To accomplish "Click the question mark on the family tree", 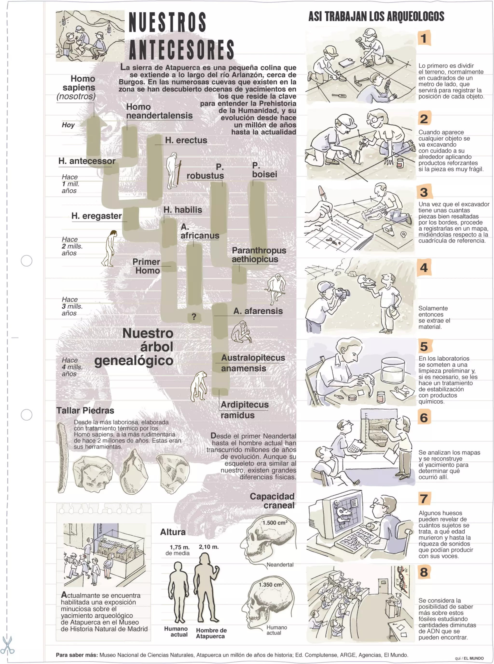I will pyautogui.click(x=194, y=317).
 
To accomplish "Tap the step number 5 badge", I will pyautogui.click(x=424, y=346).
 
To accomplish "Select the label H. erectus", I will pyautogui.click(x=186, y=140).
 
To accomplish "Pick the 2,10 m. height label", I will pyautogui.click(x=209, y=547).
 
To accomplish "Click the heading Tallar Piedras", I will pyautogui.click(x=85, y=410).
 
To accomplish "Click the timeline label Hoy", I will pyautogui.click(x=68, y=125).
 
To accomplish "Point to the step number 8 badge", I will pyautogui.click(x=424, y=572).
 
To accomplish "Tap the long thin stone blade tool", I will pyautogui.click(x=62, y=458).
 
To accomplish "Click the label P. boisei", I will pyautogui.click(x=264, y=170).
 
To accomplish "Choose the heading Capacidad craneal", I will pyautogui.click(x=272, y=501).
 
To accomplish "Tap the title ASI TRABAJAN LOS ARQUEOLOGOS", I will pyautogui.click(x=376, y=16).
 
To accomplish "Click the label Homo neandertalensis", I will pyautogui.click(x=159, y=111).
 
